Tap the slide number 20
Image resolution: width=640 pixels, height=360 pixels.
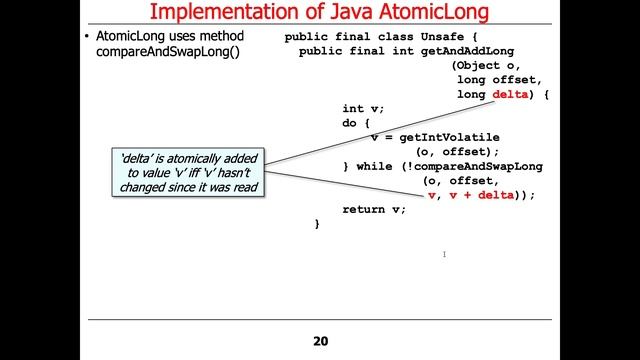click(320, 341)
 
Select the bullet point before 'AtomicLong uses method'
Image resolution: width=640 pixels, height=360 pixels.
click(87, 38)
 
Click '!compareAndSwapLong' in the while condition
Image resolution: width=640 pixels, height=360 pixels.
click(471, 166)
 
